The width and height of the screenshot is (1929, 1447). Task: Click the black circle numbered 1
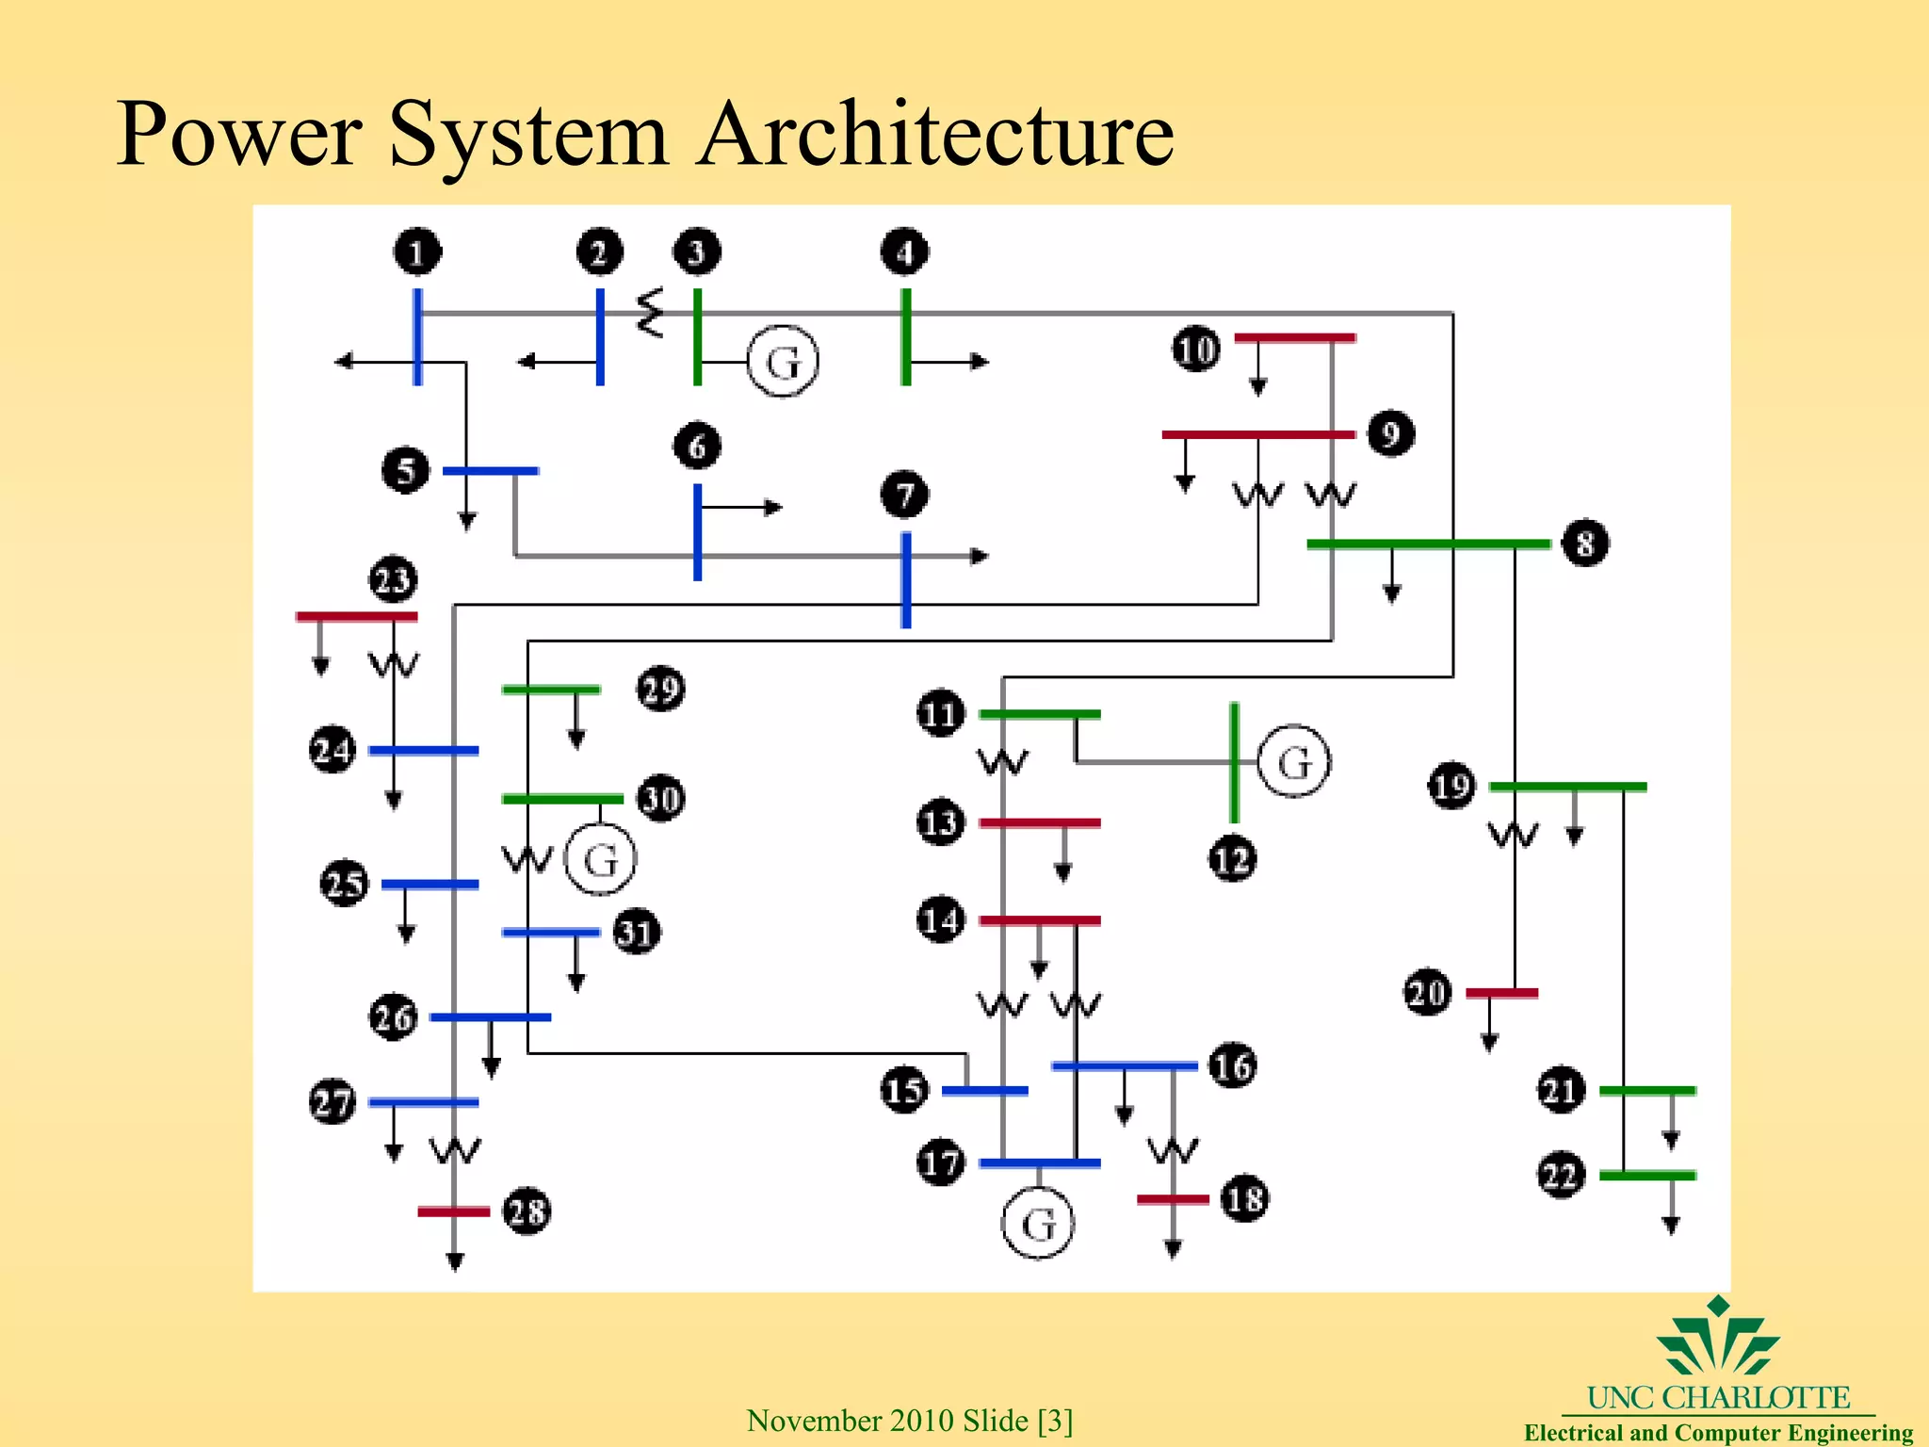pyautogui.click(x=417, y=252)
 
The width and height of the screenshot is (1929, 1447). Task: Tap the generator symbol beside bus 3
pyautogui.click(x=783, y=362)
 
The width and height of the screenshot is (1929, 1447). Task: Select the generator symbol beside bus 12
pyautogui.click(x=1294, y=762)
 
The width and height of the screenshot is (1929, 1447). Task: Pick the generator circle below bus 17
pyautogui.click(x=1038, y=1224)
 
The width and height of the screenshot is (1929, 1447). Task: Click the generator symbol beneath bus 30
pyautogui.click(x=601, y=859)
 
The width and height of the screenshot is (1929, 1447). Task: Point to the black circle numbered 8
pyautogui.click(x=1585, y=544)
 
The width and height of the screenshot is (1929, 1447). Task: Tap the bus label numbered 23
pyautogui.click(x=393, y=579)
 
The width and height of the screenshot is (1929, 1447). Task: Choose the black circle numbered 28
pyautogui.click(x=527, y=1211)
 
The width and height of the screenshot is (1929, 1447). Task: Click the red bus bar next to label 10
pyautogui.click(x=1295, y=337)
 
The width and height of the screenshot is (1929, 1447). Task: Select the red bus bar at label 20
pyautogui.click(x=1501, y=993)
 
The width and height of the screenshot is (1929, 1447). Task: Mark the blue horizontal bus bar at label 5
pyautogui.click(x=491, y=470)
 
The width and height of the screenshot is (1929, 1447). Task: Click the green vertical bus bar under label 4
pyautogui.click(x=906, y=336)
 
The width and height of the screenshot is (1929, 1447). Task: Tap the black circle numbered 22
pyautogui.click(x=1561, y=1175)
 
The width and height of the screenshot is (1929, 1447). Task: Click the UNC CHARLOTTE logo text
pyautogui.click(x=1718, y=1397)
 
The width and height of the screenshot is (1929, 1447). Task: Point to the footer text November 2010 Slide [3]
pyautogui.click(x=910, y=1420)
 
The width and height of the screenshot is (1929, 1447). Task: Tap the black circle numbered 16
pyautogui.click(x=1232, y=1066)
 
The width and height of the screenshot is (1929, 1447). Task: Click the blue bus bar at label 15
pyautogui.click(x=984, y=1091)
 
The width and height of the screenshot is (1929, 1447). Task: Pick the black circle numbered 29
pyautogui.click(x=660, y=689)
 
